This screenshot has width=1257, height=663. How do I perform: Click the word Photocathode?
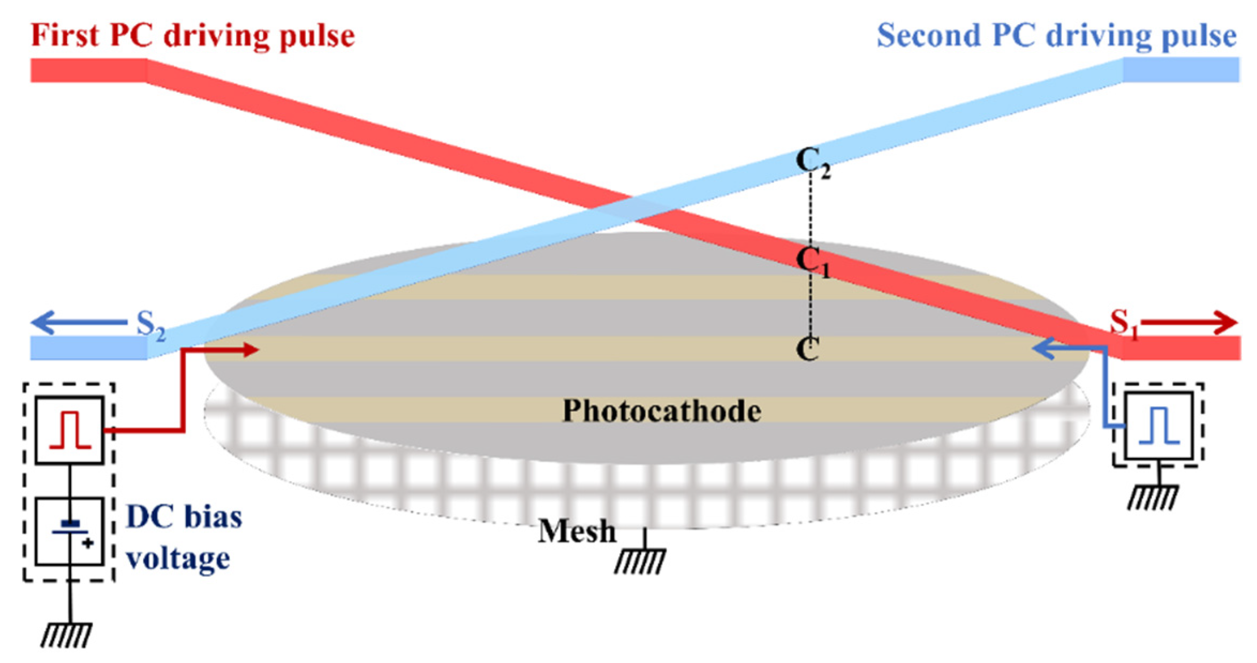click(662, 411)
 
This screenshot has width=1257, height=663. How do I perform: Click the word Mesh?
click(577, 531)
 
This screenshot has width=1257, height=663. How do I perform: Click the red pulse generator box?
click(70, 430)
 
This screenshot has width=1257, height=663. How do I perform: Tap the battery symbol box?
click(70, 531)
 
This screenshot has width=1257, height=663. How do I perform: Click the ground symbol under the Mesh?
click(641, 560)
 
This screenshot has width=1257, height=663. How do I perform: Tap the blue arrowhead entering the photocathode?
click(1042, 349)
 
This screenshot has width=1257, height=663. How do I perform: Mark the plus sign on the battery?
click(88, 543)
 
